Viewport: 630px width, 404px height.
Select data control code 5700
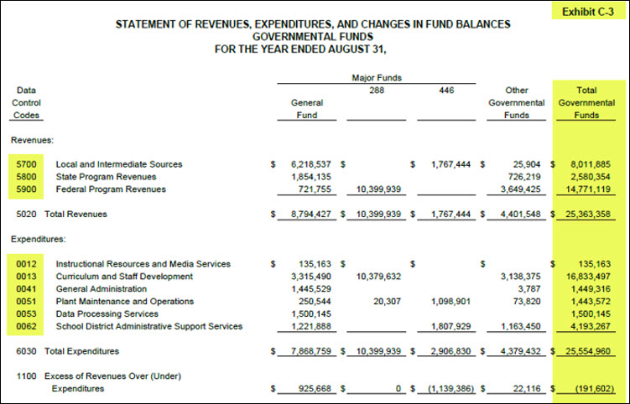[26, 164]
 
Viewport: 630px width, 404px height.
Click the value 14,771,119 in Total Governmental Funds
[590, 189]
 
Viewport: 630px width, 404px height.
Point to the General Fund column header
[306, 109]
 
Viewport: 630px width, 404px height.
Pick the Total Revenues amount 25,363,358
[590, 215]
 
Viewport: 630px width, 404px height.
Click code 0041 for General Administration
[26, 288]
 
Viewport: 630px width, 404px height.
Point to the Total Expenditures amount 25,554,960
[590, 351]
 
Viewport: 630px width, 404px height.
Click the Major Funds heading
[376, 77]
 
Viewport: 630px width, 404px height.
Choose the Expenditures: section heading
[39, 240]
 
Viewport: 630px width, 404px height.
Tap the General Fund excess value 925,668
[311, 388]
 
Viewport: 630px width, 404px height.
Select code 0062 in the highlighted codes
[26, 326]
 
